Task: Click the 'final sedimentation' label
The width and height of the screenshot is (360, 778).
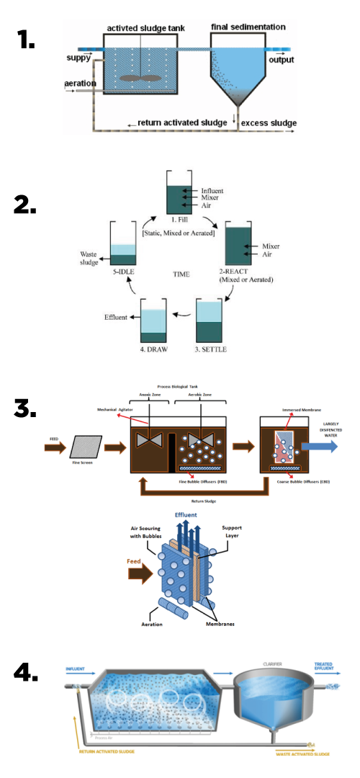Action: click(x=248, y=27)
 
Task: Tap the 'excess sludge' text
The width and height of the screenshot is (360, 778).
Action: click(x=269, y=123)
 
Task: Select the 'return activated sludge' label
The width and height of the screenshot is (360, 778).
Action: click(x=182, y=123)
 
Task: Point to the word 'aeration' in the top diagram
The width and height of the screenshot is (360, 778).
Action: click(x=80, y=84)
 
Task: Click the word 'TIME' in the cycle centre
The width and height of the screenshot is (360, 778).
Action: click(x=181, y=274)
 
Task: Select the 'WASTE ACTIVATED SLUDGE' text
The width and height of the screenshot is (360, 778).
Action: click(x=302, y=754)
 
